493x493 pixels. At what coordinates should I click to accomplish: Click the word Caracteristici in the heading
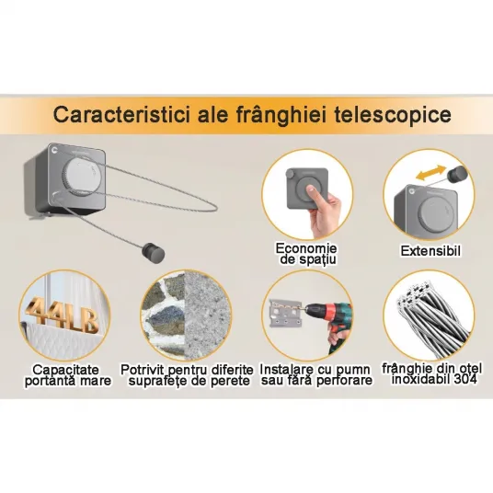point(121,114)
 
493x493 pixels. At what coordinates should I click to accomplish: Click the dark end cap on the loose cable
point(155,250)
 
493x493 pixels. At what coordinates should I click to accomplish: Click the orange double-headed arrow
point(430,173)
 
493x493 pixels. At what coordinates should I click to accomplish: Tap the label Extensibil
point(430,251)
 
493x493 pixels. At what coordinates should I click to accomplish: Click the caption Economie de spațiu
point(306,254)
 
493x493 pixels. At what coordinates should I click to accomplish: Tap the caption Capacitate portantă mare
point(68,375)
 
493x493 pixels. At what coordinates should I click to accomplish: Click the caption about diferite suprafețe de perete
point(187,375)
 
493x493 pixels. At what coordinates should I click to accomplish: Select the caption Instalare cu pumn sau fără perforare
point(316,375)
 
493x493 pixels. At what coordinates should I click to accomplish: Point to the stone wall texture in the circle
point(164,316)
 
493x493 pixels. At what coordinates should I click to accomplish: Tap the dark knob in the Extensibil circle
point(457,175)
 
